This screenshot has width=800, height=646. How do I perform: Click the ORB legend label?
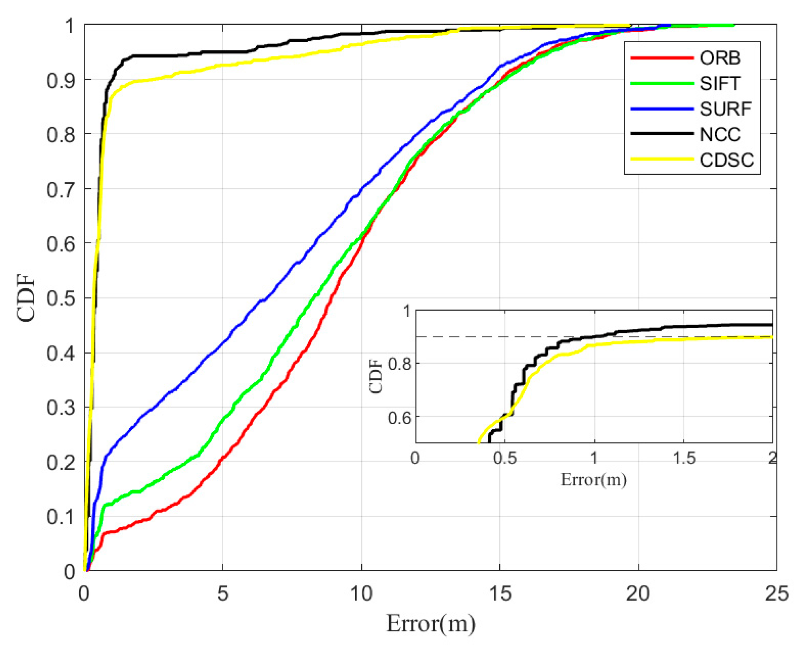coord(720,58)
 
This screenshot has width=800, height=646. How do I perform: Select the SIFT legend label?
coord(720,84)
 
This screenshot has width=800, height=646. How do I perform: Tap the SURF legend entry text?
coord(725,109)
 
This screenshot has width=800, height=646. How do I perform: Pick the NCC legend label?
coord(720,134)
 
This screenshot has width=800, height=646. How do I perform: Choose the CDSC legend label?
coord(727,160)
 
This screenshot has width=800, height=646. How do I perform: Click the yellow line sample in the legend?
coord(662,159)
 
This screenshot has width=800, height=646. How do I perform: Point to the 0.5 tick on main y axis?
coord(61,299)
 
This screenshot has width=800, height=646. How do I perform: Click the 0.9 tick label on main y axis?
coord(61,81)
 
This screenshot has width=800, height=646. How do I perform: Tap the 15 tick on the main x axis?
coord(500,593)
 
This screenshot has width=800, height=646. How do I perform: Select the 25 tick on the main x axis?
coord(776,593)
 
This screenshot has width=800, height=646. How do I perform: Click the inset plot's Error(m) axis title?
coord(593,480)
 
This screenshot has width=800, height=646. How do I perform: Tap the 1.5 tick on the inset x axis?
coord(684,458)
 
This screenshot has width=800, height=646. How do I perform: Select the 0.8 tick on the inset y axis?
coord(399,364)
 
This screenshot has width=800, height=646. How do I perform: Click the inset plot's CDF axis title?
coord(376,376)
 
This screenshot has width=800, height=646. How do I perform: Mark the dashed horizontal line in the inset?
coord(467,337)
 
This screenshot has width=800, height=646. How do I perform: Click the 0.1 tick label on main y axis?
coord(61,517)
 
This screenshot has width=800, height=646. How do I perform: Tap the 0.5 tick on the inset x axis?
coord(505,458)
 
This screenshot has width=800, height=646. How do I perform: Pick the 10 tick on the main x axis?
coord(361,593)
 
